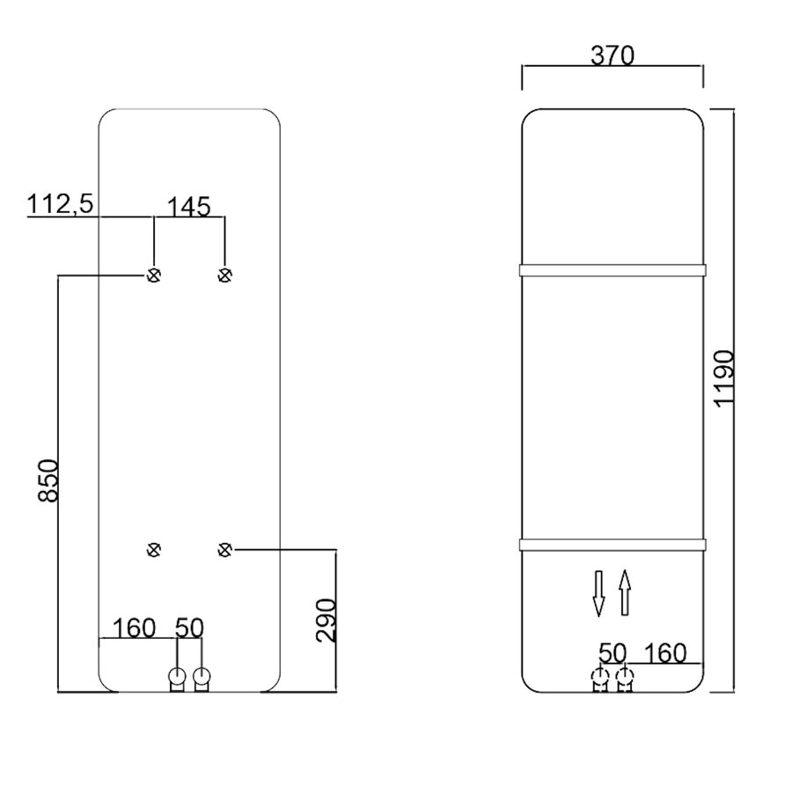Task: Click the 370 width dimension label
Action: (612, 55)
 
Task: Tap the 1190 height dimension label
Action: (723, 378)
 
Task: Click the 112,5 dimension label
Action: (61, 204)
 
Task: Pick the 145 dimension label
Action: (189, 207)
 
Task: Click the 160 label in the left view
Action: (135, 627)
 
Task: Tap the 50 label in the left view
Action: (189, 627)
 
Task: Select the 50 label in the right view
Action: (612, 652)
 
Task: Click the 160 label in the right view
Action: (665, 652)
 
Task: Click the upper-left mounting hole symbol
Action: (154, 275)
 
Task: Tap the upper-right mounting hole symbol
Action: (224, 275)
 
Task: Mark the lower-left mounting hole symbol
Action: (154, 549)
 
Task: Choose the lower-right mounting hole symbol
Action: (224, 549)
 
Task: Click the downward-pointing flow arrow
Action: (598, 592)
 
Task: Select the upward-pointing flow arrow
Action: (624, 592)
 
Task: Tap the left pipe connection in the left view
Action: (177, 678)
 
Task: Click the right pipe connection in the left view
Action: (202, 678)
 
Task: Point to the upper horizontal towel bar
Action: (612, 270)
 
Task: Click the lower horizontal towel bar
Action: (612, 544)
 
